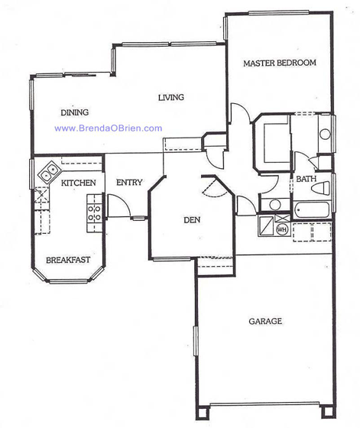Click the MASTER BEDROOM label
tap(279, 63)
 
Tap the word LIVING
tap(172, 97)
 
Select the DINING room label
tap(75, 113)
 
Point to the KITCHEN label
tap(78, 183)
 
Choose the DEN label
tap(192, 221)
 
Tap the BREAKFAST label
tap(67, 260)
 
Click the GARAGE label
tap(264, 321)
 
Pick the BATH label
tap(306, 179)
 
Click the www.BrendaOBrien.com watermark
tap(108, 128)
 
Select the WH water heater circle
tap(281, 229)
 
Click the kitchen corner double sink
tap(47, 173)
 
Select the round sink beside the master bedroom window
tap(325, 135)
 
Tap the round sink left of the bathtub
tap(274, 205)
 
